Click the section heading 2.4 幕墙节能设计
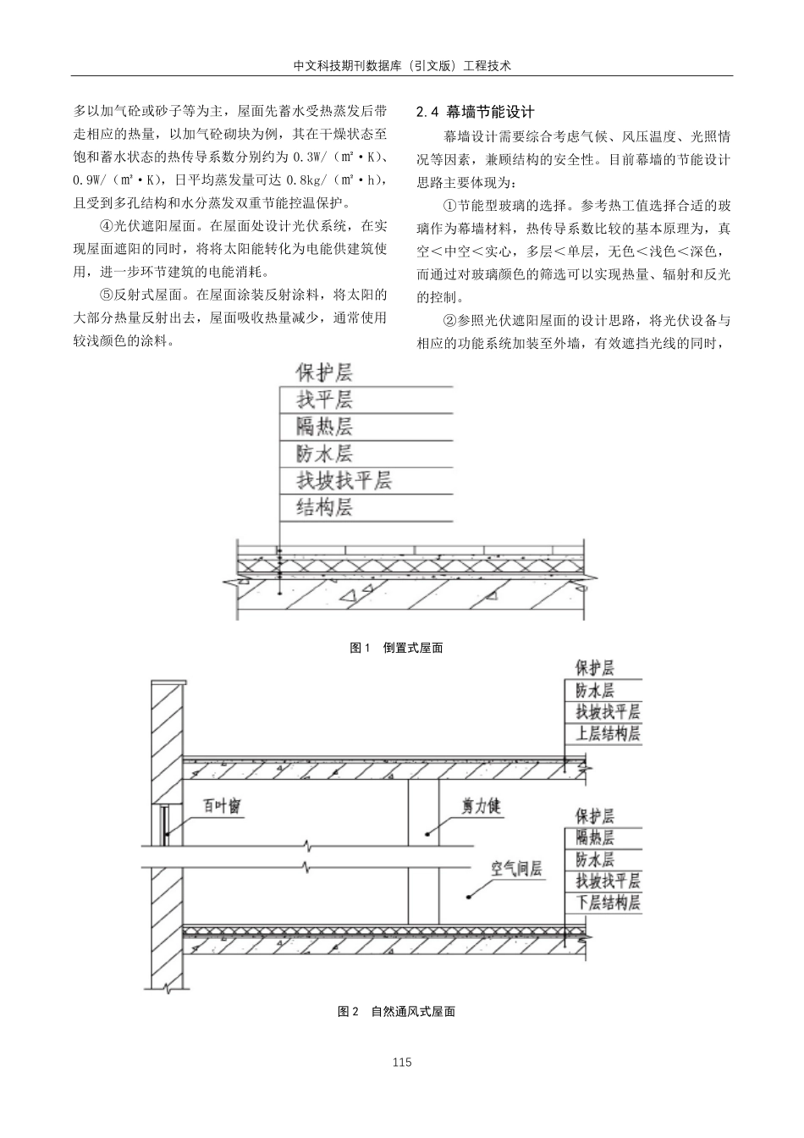[477, 112]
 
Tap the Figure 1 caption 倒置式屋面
[397, 648]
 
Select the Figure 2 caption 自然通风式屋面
[397, 1011]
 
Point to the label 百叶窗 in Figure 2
[222, 805]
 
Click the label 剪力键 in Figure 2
[481, 805]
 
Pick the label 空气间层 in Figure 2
[516, 869]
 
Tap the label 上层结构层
[608, 733]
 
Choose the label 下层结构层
[608, 903]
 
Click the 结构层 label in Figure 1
[324, 508]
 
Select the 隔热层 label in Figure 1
[324, 426]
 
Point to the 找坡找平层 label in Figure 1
[344, 481]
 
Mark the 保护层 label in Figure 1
[324, 372]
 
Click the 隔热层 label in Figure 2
[595, 838]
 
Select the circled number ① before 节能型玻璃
[450, 206]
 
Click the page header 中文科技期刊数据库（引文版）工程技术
[402, 64]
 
